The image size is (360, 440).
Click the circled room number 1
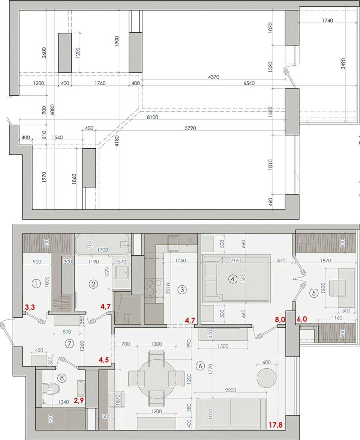36,284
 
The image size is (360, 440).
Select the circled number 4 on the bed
232,279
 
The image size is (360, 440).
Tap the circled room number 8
61,378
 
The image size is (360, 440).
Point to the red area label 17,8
276,425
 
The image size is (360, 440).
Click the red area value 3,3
30,307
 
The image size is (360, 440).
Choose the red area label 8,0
280,319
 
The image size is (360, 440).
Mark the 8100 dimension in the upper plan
152,117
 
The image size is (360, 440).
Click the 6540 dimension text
249,83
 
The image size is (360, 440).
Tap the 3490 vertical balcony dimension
343,64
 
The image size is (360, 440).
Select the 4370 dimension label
214,77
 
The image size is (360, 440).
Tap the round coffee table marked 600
267,378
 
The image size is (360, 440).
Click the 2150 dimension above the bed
235,261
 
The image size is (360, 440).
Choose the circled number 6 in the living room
200,366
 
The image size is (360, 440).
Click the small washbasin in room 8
81,388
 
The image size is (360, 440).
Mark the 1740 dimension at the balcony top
327,21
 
